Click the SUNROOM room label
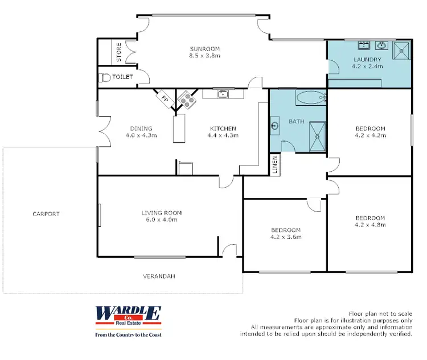coord(205,49)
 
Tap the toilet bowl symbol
coord(104,77)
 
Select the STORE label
coord(119,52)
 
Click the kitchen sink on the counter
coord(223,94)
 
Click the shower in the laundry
coord(403,51)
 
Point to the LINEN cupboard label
coord(275,165)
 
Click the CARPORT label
coord(46,214)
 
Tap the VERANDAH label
coord(159,276)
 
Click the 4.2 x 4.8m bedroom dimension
coord(370,225)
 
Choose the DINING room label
coord(141,129)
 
